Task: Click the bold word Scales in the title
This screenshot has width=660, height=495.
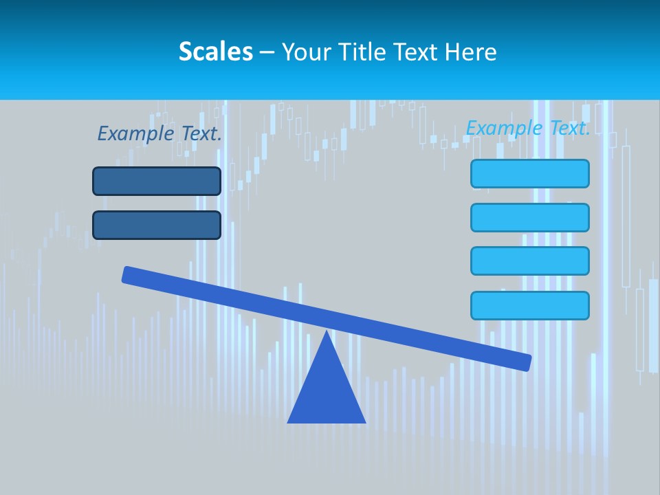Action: pyautogui.click(x=215, y=52)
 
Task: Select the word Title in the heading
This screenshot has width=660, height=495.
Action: pyautogui.click(x=359, y=52)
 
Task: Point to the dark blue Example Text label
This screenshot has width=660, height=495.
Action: pyautogui.click(x=159, y=133)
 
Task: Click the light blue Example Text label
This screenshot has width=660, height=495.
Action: pyautogui.click(x=527, y=128)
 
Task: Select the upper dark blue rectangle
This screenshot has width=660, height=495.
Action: pyautogui.click(x=157, y=181)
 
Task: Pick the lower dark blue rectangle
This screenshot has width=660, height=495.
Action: pyautogui.click(x=157, y=225)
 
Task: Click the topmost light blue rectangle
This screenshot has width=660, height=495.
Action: pyautogui.click(x=529, y=173)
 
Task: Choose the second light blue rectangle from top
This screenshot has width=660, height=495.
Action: pyautogui.click(x=529, y=217)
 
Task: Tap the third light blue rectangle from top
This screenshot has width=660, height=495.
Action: pyautogui.click(x=529, y=261)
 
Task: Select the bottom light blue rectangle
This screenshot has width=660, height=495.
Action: pyautogui.click(x=529, y=305)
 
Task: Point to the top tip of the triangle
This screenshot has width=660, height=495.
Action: pyautogui.click(x=327, y=333)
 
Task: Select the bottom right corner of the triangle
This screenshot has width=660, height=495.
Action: pyautogui.click(x=364, y=421)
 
